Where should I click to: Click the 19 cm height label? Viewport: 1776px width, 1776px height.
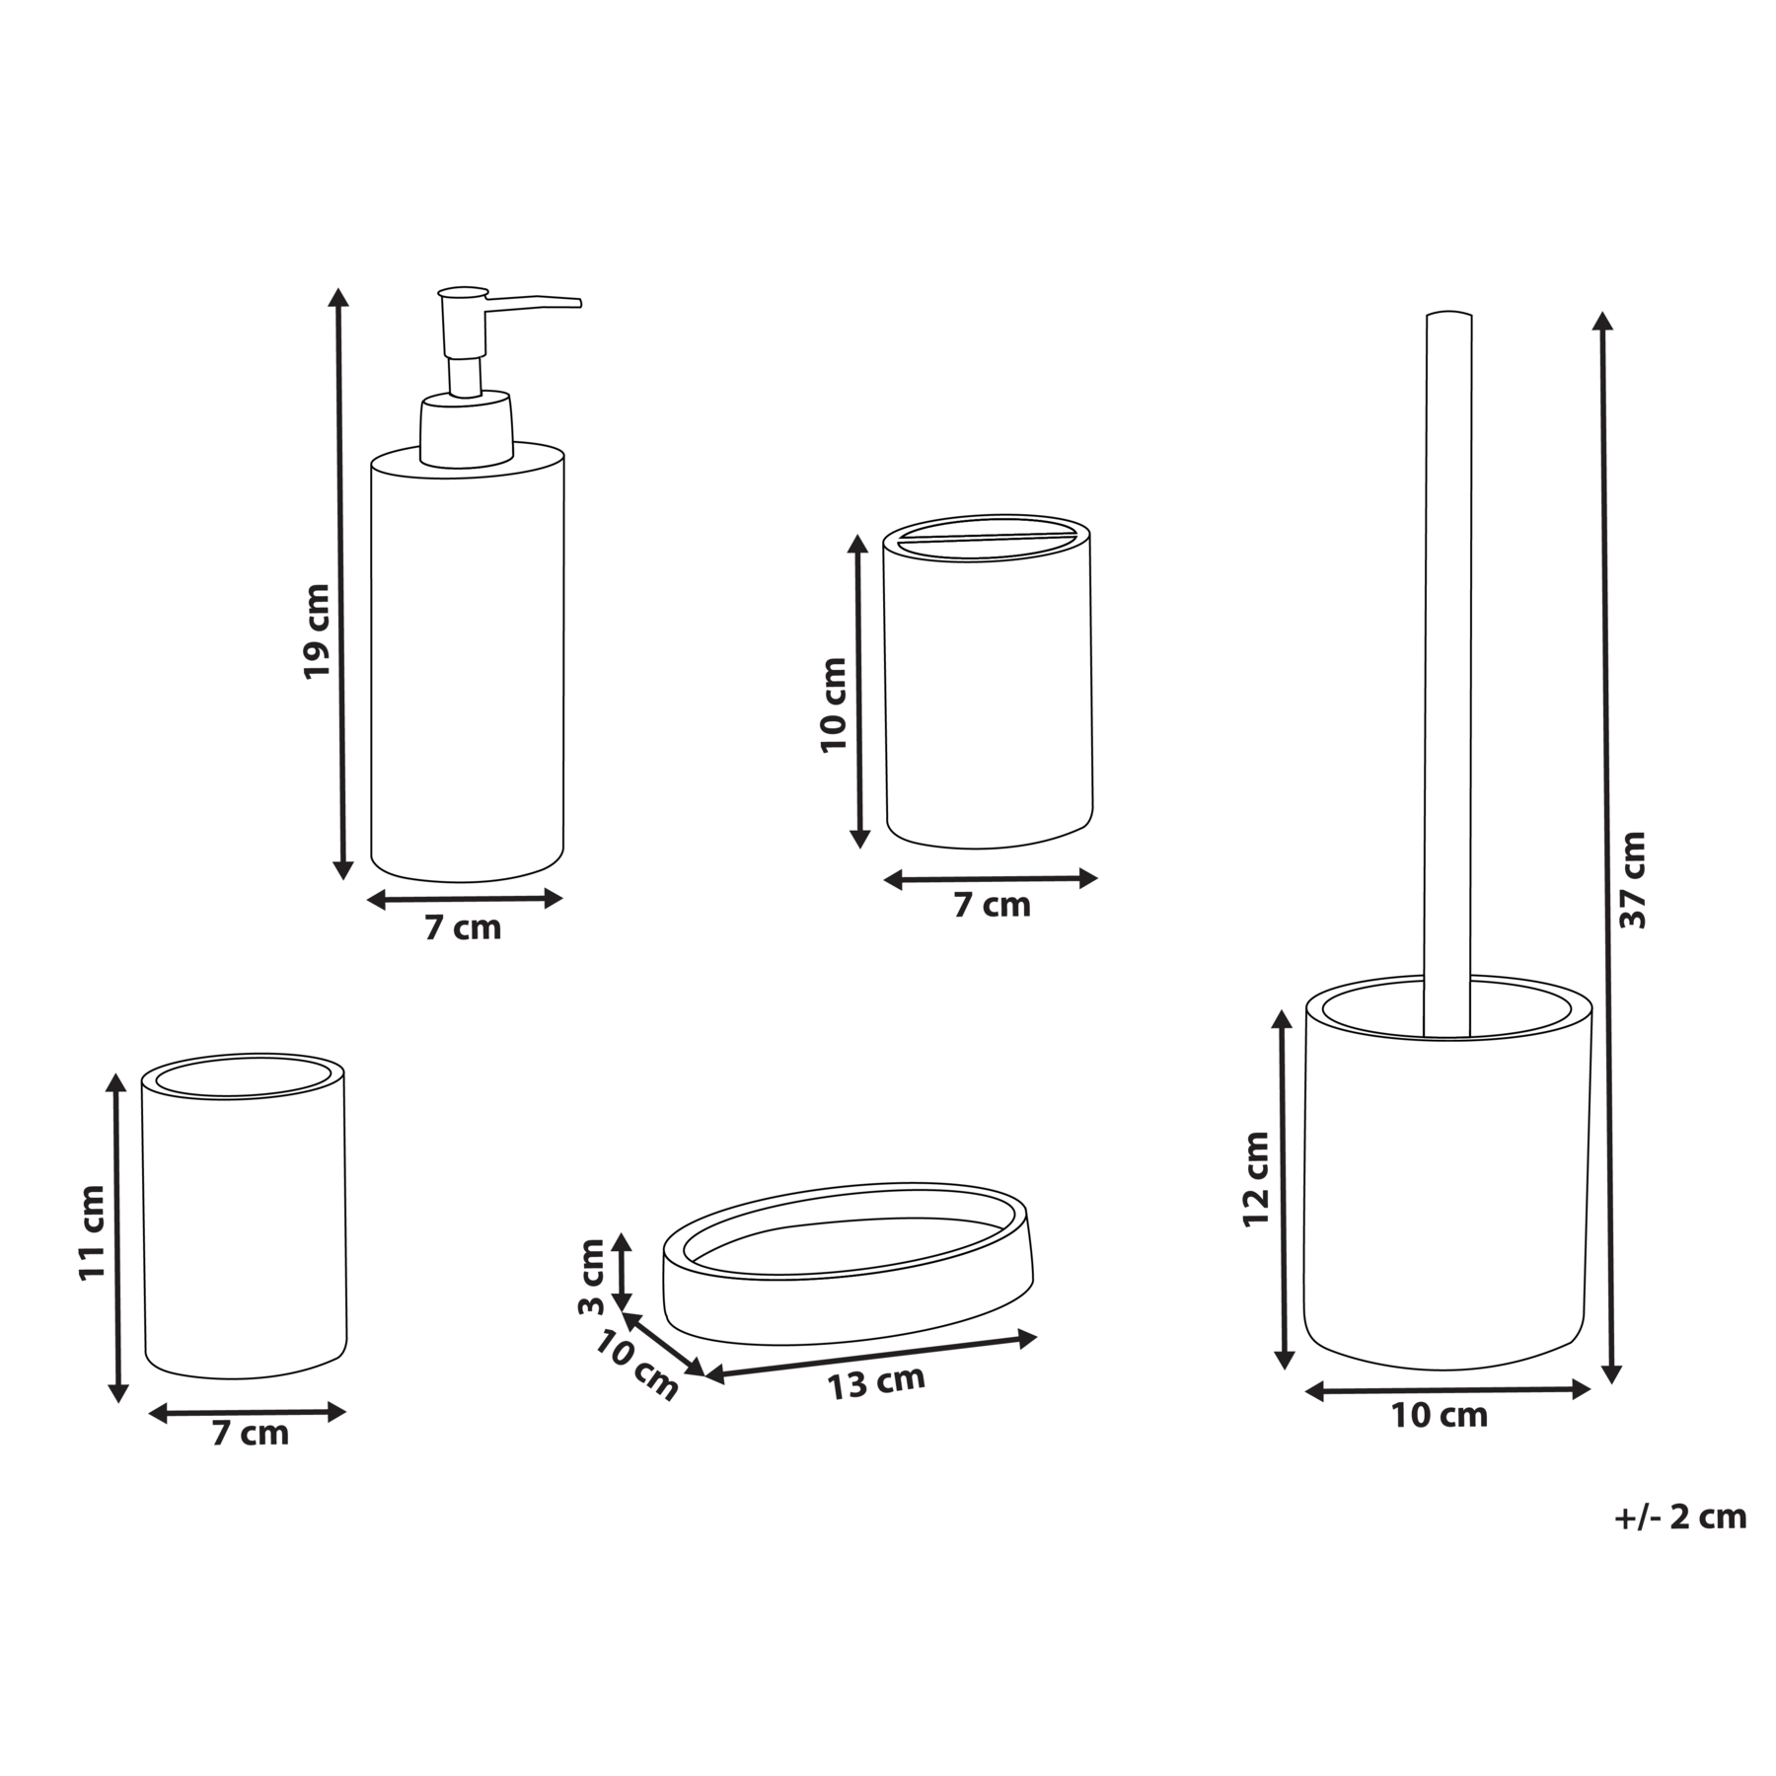coord(317,631)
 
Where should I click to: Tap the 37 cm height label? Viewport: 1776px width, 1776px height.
coord(1634,879)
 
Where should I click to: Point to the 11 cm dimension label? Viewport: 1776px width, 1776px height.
coord(91,1233)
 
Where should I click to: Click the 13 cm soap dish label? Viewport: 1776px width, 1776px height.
coord(876,1382)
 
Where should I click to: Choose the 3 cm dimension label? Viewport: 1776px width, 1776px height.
coord(590,1278)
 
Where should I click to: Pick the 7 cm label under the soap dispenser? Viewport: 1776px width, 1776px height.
coord(463,928)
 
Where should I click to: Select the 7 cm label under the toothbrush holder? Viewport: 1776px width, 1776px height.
coord(992,906)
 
